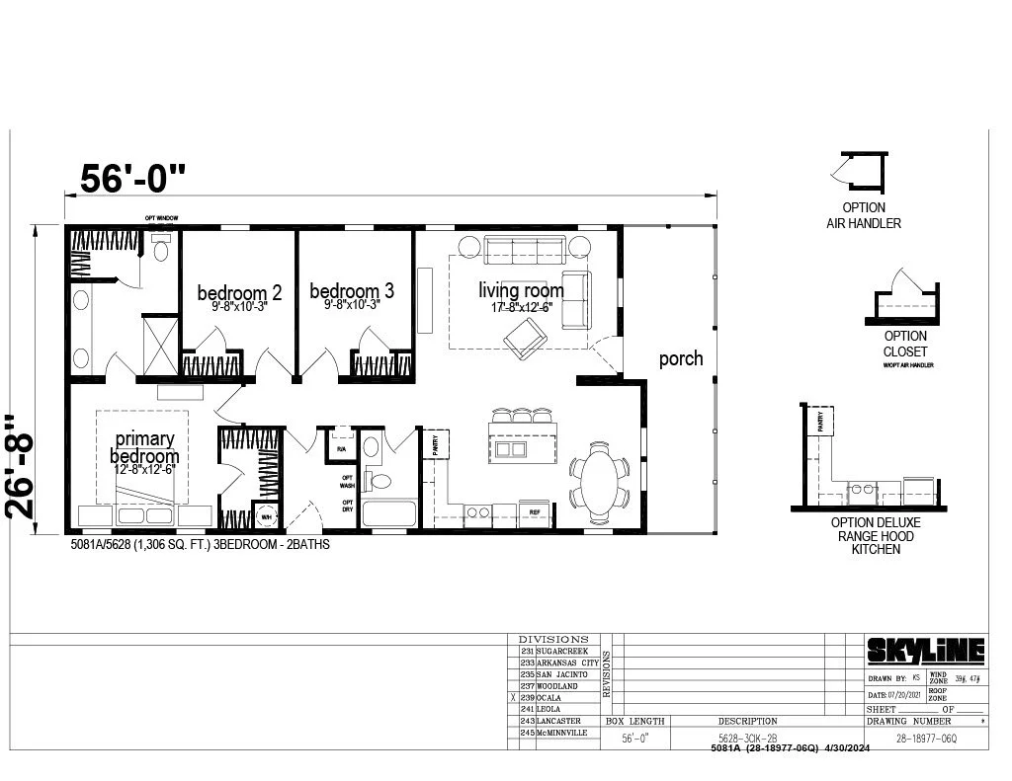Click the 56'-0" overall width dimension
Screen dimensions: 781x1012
click(132, 178)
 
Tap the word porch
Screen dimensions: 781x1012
click(681, 358)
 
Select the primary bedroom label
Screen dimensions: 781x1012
click(144, 447)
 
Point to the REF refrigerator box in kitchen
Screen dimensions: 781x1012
click(534, 511)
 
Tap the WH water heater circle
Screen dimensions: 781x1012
click(265, 515)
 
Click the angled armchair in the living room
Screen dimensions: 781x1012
click(525, 338)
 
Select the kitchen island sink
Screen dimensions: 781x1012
click(510, 450)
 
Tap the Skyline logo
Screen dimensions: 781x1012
click(926, 650)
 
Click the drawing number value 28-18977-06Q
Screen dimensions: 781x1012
click(924, 738)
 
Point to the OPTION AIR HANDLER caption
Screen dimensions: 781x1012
click(863, 216)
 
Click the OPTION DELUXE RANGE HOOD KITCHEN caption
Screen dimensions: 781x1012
click(876, 535)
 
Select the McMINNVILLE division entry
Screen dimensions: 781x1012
click(562, 733)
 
